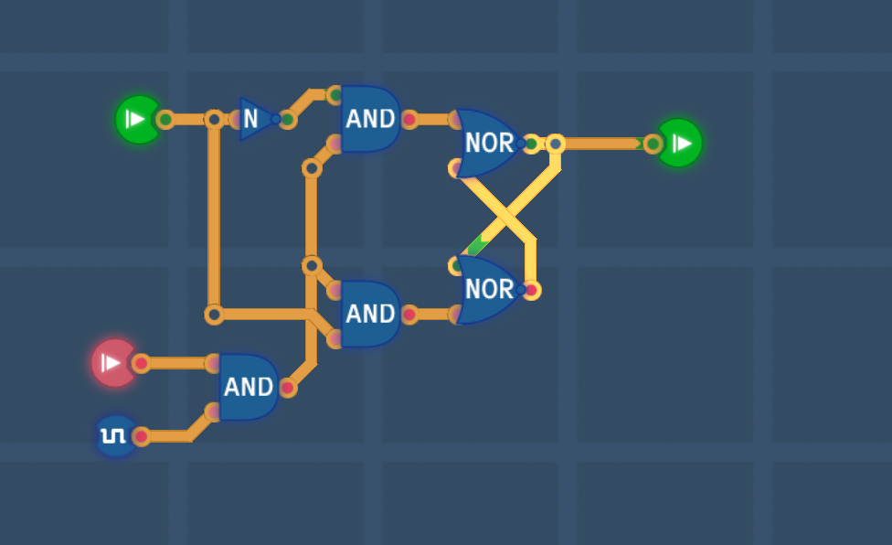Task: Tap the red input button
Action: coord(114,363)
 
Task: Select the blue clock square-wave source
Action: coord(116,436)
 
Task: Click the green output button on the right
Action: coord(679,143)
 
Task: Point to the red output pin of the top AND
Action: coord(409,120)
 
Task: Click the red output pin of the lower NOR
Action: coord(531,290)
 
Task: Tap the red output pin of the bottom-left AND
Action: coord(288,388)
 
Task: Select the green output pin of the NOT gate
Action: coord(287,120)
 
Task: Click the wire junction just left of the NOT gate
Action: coord(214,120)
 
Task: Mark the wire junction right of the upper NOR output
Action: coord(556,144)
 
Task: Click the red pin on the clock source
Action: coord(141,436)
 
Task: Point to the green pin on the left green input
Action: coord(165,120)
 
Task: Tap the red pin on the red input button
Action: coord(141,363)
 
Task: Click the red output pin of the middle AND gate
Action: coord(409,315)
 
